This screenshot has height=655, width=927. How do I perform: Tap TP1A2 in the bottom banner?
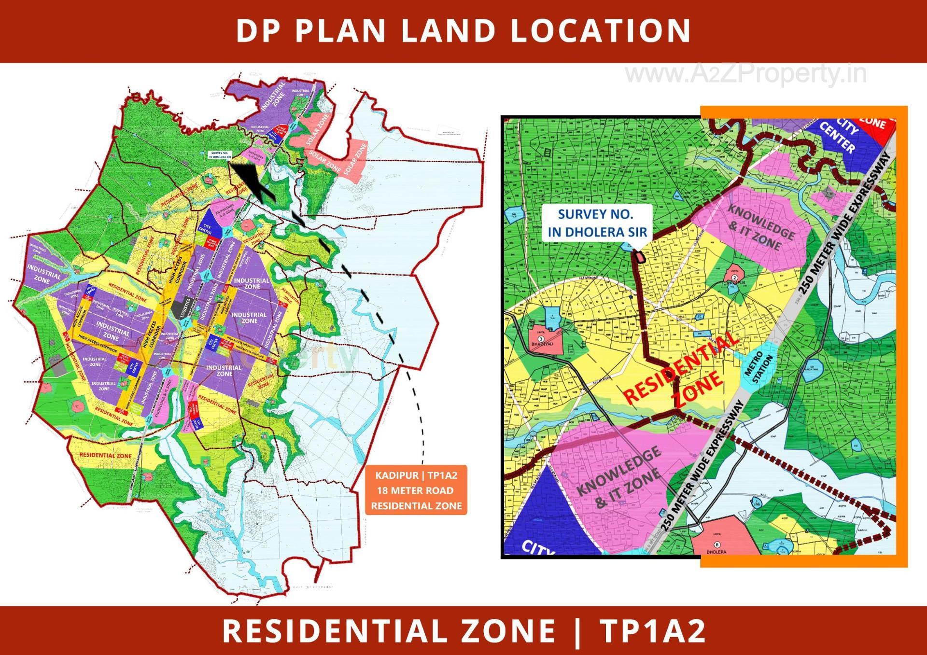pyautogui.click(x=652, y=631)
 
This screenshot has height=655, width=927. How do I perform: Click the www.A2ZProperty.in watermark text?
pyautogui.click(x=746, y=74)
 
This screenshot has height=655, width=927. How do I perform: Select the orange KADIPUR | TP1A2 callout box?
pyautogui.click(x=416, y=490)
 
